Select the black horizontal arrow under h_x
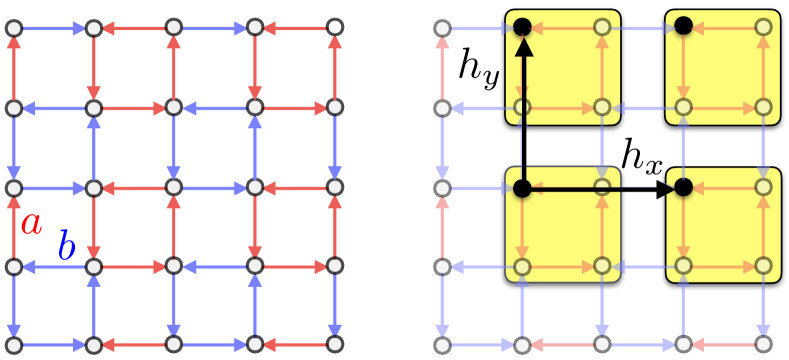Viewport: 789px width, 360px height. [600, 187]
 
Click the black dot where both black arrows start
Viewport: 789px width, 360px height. [521, 187]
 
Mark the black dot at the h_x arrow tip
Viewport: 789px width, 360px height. [683, 187]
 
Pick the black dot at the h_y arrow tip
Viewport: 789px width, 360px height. [521, 25]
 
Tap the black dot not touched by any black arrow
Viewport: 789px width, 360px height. [683, 25]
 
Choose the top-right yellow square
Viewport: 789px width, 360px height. [722, 67]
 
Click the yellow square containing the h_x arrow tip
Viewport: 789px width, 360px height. [722, 225]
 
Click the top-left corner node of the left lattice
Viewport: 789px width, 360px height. [14, 26]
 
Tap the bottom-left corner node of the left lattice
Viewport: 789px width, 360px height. [14, 346]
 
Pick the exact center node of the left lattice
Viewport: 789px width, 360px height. [175, 187]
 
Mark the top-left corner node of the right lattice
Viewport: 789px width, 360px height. [441, 26]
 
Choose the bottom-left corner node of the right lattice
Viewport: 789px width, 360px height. [441, 346]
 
